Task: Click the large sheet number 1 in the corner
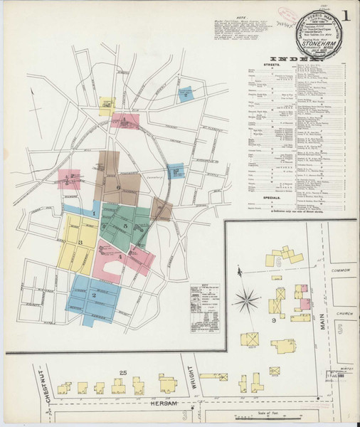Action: pyautogui.click(x=345, y=15)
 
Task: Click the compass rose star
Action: pyautogui.click(x=246, y=300)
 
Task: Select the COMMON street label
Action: pyautogui.click(x=342, y=270)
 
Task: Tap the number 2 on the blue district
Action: pyautogui.click(x=93, y=294)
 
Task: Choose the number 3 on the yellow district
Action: pyautogui.click(x=81, y=243)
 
